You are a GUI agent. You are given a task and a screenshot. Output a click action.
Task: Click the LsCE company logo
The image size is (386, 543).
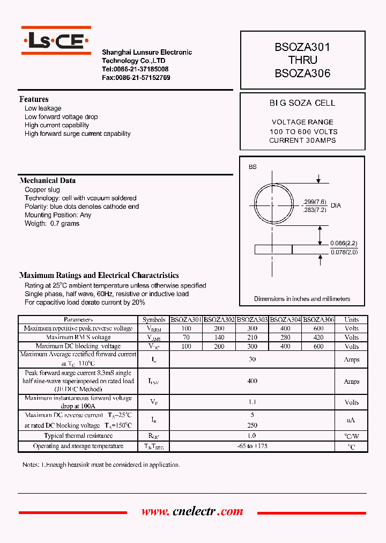pos(56,41)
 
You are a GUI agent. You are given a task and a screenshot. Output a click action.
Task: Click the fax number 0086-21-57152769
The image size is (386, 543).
pos(136,78)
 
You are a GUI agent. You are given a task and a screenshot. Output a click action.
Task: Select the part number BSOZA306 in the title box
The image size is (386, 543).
pos(302,74)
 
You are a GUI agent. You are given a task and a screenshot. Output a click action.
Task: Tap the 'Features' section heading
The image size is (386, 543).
pos(34,99)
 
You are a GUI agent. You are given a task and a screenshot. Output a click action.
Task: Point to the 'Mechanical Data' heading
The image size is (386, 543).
pos(48,181)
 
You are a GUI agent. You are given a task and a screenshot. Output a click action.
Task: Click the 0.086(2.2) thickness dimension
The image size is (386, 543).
pos(344,244)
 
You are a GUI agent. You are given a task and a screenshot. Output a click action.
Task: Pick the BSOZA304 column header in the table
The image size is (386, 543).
pos(285,320)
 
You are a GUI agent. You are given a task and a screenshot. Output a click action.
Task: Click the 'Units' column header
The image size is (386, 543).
pos(351,320)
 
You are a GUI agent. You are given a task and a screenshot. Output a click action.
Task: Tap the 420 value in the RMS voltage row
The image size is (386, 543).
pos(318,337)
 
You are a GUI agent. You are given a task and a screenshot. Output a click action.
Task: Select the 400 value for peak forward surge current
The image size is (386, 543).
pos(252,381)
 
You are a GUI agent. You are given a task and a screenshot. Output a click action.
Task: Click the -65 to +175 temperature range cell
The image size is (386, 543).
pos(252,446)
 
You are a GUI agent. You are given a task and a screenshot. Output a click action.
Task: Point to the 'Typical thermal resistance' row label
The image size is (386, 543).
pos(78,436)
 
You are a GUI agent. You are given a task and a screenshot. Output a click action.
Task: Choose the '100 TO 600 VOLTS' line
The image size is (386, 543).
pos(303,131)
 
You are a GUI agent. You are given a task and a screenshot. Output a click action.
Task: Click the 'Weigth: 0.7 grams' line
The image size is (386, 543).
pos(52,224)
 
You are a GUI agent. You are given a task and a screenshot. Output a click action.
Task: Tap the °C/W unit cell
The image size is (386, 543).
pos(351,436)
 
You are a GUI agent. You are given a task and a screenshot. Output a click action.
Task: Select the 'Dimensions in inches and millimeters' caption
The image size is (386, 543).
pos(302,299)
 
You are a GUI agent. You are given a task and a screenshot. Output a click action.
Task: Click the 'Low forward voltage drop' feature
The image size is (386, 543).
pos(61,117)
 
